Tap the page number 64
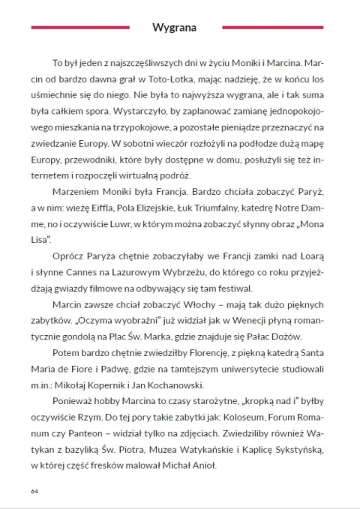(x=34, y=491)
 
